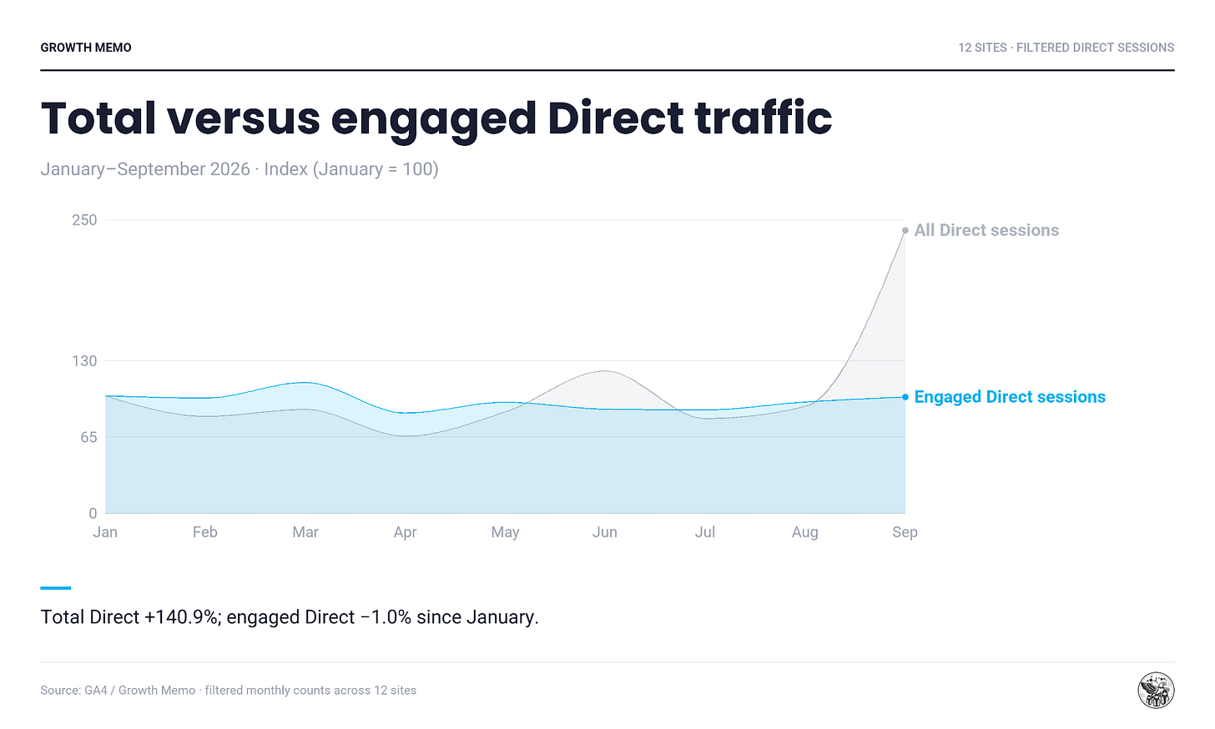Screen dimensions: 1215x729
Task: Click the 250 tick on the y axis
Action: click(x=84, y=220)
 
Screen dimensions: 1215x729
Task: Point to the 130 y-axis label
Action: click(x=84, y=361)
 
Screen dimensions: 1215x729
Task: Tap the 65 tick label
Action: click(x=89, y=437)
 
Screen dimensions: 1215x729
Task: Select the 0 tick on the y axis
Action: click(x=93, y=513)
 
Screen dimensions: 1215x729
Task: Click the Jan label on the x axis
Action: click(x=105, y=532)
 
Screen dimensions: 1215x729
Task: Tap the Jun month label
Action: click(x=605, y=532)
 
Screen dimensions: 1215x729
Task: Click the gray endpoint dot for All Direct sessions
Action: click(x=905, y=231)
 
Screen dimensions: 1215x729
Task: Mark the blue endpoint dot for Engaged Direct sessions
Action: click(x=905, y=397)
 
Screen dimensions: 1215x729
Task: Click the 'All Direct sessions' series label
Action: click(x=986, y=230)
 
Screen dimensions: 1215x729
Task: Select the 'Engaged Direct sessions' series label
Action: click(x=1010, y=397)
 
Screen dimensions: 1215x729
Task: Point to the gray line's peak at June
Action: click(x=605, y=371)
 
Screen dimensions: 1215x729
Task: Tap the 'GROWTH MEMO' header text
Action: click(x=86, y=48)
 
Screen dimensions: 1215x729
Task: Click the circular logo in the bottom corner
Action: click(x=1156, y=691)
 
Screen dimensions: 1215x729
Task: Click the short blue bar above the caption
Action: click(x=56, y=588)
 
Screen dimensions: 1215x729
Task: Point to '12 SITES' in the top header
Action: click(x=982, y=48)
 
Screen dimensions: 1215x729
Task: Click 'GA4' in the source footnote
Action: click(x=95, y=691)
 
